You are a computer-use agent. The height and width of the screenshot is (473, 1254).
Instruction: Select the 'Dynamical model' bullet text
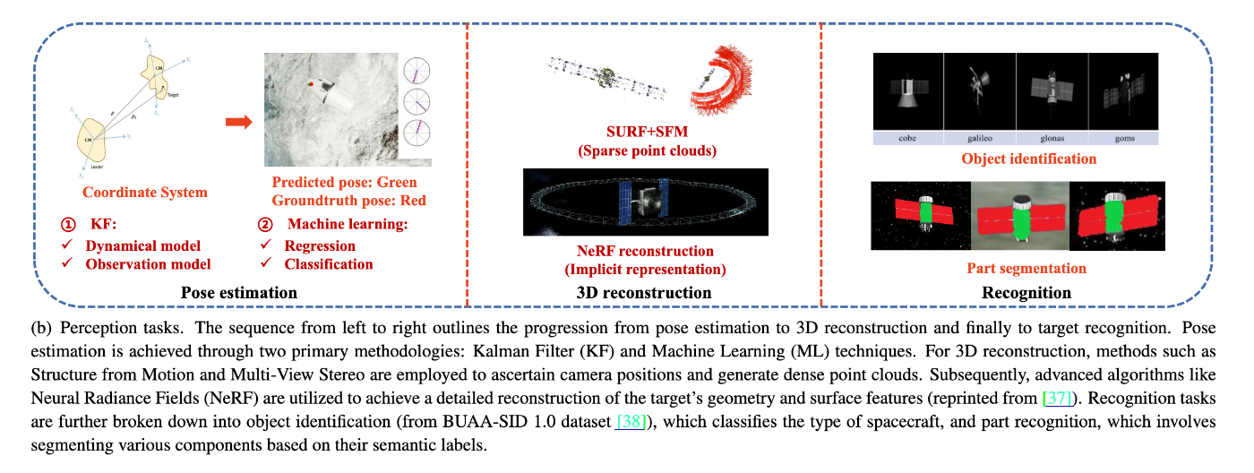[143, 245]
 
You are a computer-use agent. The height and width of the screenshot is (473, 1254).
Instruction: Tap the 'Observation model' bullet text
[148, 263]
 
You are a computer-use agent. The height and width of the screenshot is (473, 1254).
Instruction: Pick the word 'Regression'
[320, 245]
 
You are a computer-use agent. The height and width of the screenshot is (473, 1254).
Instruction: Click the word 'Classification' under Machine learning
[328, 263]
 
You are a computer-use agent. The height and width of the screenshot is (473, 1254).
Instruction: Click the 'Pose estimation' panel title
[239, 292]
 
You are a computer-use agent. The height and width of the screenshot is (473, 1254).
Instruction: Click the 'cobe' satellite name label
[907, 138]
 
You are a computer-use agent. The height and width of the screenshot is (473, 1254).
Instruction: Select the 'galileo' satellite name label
[979, 138]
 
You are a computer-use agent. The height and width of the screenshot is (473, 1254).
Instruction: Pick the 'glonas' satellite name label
[1051, 138]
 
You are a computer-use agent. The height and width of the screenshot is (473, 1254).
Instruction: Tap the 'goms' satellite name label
[1122, 138]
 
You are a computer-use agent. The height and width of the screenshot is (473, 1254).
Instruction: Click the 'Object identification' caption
[1016, 159]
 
